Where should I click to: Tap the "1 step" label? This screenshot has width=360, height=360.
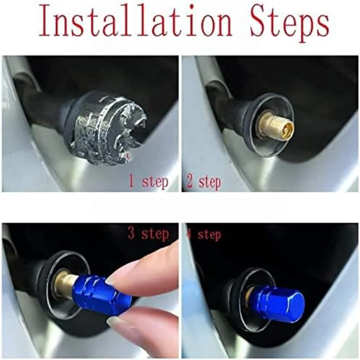[148, 181]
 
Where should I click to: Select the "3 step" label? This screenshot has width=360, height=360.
[148, 233]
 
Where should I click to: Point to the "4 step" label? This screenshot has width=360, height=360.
[204, 234]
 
